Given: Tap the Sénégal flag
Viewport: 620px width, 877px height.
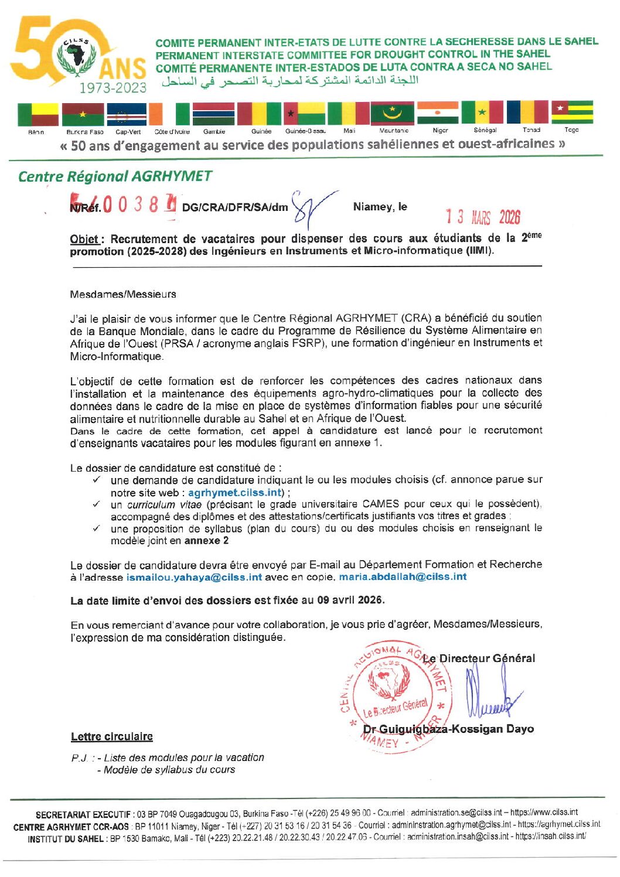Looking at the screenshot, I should pos(482,112).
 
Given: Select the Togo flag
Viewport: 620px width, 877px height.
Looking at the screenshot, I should pos(572,112).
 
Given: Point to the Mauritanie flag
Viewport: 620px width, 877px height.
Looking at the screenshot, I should pos(392,113).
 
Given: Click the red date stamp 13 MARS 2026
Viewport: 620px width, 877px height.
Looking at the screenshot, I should pos(483,217).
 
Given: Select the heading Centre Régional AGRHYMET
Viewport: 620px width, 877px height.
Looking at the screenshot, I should pos(115,176).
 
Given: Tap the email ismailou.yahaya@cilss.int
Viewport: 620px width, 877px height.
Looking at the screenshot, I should pos(194,577).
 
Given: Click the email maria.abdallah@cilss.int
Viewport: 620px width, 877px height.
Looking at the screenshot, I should pos(403,576).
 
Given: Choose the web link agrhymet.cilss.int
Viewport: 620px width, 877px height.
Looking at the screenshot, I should pos(235,493).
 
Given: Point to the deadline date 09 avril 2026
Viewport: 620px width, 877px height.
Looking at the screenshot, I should pos(350,600).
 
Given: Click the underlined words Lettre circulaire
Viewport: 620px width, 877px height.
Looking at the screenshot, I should pos(111,736).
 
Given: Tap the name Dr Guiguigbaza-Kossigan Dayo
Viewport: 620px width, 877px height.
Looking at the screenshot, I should pos(448,729).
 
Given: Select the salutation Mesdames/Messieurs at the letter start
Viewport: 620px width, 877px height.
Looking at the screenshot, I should pos(122,294).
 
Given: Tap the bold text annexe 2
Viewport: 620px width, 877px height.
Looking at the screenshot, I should pos(206,541).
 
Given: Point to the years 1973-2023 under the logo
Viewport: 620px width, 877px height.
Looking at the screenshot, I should pos(113,88).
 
